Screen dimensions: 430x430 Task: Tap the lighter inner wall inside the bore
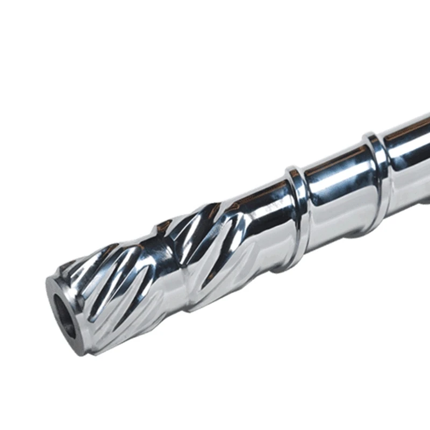[x=69, y=322]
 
